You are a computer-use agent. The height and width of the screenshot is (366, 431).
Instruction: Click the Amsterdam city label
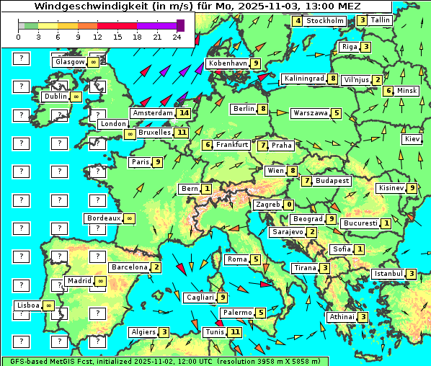pyautogui.click(x=153, y=113)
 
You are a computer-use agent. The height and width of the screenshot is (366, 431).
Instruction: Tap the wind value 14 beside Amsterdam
pyautogui.click(x=184, y=113)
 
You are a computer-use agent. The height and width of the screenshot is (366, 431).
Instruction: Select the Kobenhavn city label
pyautogui.click(x=228, y=63)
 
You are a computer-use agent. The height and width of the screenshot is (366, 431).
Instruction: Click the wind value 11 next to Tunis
pyautogui.click(x=235, y=332)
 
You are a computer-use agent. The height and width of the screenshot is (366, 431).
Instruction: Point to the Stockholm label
pyautogui.click(x=324, y=21)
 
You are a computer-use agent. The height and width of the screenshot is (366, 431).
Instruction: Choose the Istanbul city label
pyautogui.click(x=388, y=274)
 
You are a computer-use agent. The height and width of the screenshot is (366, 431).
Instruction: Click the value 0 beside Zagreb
pyautogui.click(x=289, y=205)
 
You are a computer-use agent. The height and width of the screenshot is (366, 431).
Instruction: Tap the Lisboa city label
pyautogui.click(x=28, y=305)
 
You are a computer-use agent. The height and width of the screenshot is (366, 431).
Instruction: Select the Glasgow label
pyautogui.click(x=69, y=62)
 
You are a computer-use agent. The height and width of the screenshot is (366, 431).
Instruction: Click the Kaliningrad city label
pyautogui.click(x=303, y=79)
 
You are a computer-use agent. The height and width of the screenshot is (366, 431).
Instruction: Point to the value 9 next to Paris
pyautogui.click(x=157, y=162)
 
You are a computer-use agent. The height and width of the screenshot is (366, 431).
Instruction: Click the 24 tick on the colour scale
pyautogui.click(x=176, y=35)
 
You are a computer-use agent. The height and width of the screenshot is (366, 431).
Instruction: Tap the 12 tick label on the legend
pyautogui.click(x=97, y=35)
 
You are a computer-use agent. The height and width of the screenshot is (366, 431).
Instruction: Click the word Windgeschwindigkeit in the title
pyautogui.click(x=63, y=6)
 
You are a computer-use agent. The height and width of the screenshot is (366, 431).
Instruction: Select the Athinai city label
pyautogui.click(x=341, y=317)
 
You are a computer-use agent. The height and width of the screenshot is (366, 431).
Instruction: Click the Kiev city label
pyautogui.click(x=412, y=138)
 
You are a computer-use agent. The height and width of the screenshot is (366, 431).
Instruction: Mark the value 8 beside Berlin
pyautogui.click(x=264, y=110)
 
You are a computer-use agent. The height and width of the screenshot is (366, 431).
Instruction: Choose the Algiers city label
pyautogui.click(x=143, y=332)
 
